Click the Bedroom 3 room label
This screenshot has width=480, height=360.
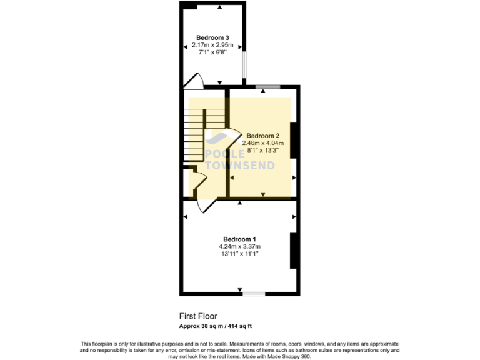tap(212, 37)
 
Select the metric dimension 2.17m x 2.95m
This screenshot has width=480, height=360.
tap(212, 45)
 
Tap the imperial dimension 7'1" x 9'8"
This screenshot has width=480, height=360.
tap(212, 52)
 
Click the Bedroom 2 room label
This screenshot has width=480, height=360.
tap(262, 136)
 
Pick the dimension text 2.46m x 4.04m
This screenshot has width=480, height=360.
tap(262, 143)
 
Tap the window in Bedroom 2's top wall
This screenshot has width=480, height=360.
tap(267, 86)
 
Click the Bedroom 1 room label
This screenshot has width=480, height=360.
tap(240, 239)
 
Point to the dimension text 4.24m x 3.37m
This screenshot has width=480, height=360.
tap(240, 247)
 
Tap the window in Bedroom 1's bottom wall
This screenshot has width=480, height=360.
tap(253, 292)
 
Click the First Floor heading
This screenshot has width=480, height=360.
tap(198, 316)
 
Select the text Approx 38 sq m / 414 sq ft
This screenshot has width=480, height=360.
tap(216, 326)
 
